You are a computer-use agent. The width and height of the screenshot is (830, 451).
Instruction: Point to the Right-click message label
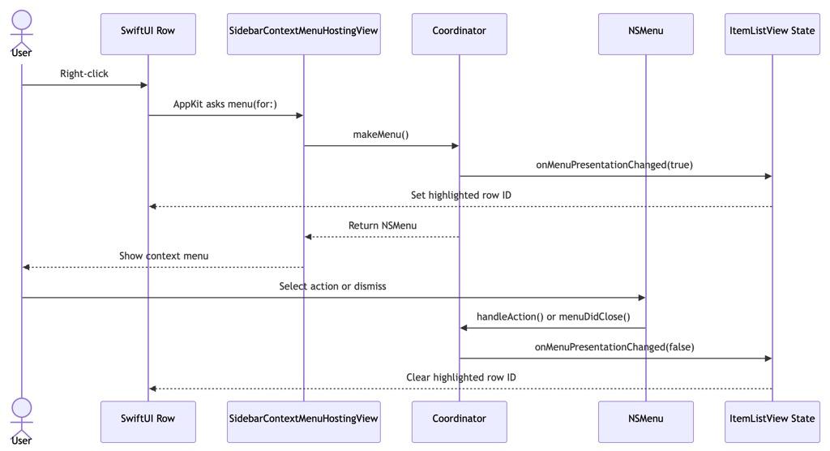point(84,74)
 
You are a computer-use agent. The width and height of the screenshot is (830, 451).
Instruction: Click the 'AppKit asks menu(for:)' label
point(225,104)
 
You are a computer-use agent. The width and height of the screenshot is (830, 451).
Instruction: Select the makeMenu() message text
point(381,135)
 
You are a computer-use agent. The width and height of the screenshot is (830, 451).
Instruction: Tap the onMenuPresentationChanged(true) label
point(614,165)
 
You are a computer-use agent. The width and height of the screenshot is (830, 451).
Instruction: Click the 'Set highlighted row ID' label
point(460,195)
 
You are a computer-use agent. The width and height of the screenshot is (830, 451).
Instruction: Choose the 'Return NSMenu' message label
point(383,225)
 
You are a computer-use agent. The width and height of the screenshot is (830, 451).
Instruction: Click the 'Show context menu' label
point(164,256)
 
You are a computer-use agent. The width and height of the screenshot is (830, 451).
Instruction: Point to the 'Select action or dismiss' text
point(332,286)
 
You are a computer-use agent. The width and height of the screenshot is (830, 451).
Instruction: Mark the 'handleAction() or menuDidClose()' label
point(553,317)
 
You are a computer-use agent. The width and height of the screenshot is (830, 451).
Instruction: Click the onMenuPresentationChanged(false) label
point(614,347)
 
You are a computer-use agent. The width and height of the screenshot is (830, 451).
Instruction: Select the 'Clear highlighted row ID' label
point(460,378)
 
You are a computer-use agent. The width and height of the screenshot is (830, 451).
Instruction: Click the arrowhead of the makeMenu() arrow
point(455,146)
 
